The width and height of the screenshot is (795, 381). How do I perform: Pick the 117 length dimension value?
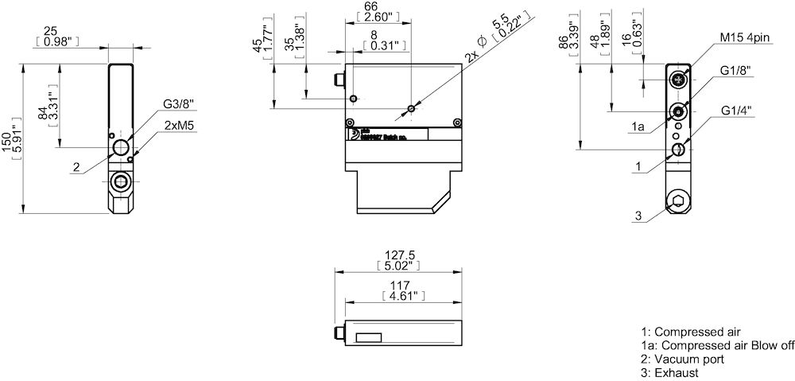point(400,285)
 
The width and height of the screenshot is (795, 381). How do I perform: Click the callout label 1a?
point(638,127)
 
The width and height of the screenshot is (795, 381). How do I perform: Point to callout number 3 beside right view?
point(638,216)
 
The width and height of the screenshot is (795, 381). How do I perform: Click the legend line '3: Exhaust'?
point(669,372)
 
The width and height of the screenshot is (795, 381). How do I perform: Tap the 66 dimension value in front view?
point(370,6)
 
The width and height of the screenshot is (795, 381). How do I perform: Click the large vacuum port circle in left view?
point(119,148)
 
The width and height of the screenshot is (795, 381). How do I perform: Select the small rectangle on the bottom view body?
point(368,337)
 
